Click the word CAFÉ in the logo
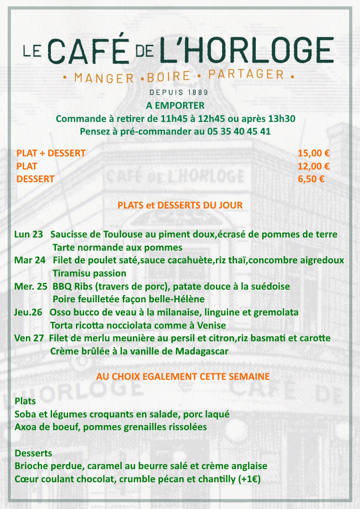[x=89, y=51]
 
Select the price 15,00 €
[x=313, y=153]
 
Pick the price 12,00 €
[x=313, y=166]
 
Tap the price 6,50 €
[x=311, y=179]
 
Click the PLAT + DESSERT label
[x=51, y=153]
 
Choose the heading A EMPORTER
[x=175, y=106]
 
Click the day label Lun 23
[x=29, y=235]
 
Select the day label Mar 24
[x=29, y=261]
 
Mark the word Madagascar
[x=202, y=351]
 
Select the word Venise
[x=211, y=325]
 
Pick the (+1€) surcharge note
[x=249, y=479]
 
